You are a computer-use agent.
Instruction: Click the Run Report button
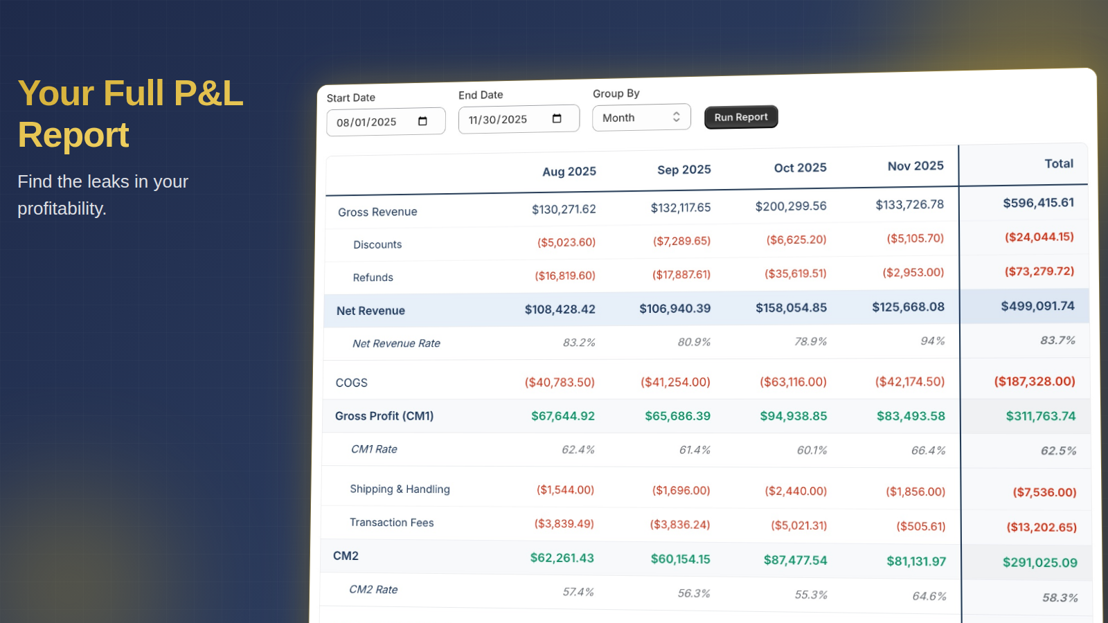[741, 117]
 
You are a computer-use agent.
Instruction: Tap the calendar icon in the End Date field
[557, 119]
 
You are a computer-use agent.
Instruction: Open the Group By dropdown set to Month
[641, 118]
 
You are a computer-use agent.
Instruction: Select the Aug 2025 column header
[569, 172]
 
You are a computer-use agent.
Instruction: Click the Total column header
[1059, 164]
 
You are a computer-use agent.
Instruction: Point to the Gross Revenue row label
[377, 212]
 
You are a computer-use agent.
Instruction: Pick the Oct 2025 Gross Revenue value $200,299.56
[791, 206]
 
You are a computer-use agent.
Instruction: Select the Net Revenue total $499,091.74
[1037, 306]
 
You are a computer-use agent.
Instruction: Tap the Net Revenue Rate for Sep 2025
[694, 342]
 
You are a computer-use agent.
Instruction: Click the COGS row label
[352, 383]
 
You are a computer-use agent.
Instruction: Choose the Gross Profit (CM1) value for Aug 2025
[562, 416]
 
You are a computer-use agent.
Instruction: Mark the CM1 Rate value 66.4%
[928, 451]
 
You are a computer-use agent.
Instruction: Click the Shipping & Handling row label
[400, 489]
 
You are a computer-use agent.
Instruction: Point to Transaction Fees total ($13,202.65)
[1041, 527]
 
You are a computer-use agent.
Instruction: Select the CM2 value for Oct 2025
[795, 560]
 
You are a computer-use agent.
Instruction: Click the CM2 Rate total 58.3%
[1060, 598]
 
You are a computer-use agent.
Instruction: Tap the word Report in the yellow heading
[73, 135]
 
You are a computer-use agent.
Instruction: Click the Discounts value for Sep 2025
[681, 241]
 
